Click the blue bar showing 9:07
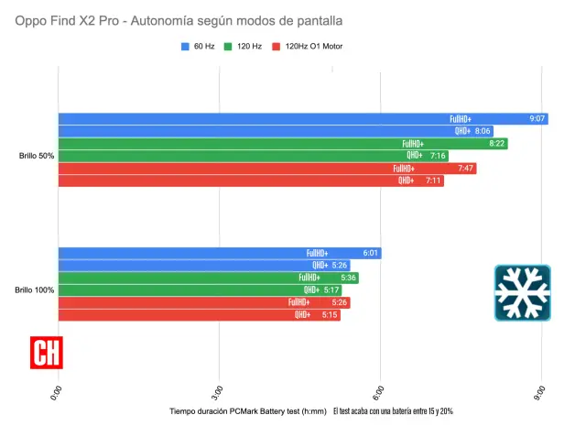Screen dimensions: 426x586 [x=302, y=118]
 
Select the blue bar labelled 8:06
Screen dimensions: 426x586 [x=275, y=131]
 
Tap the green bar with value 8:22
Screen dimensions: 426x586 [x=282, y=144]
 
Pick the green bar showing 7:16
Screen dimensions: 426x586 [x=253, y=156]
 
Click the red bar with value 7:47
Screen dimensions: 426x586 [x=266, y=169]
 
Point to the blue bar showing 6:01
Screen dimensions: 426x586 [x=219, y=253]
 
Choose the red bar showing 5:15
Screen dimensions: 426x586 [x=199, y=315]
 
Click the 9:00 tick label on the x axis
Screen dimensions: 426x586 [x=541, y=391]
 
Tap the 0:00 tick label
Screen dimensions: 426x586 [x=59, y=391]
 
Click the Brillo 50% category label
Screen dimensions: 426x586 [x=37, y=156]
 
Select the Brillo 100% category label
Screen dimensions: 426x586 [x=35, y=290]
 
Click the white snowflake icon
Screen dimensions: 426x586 [x=522, y=292]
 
